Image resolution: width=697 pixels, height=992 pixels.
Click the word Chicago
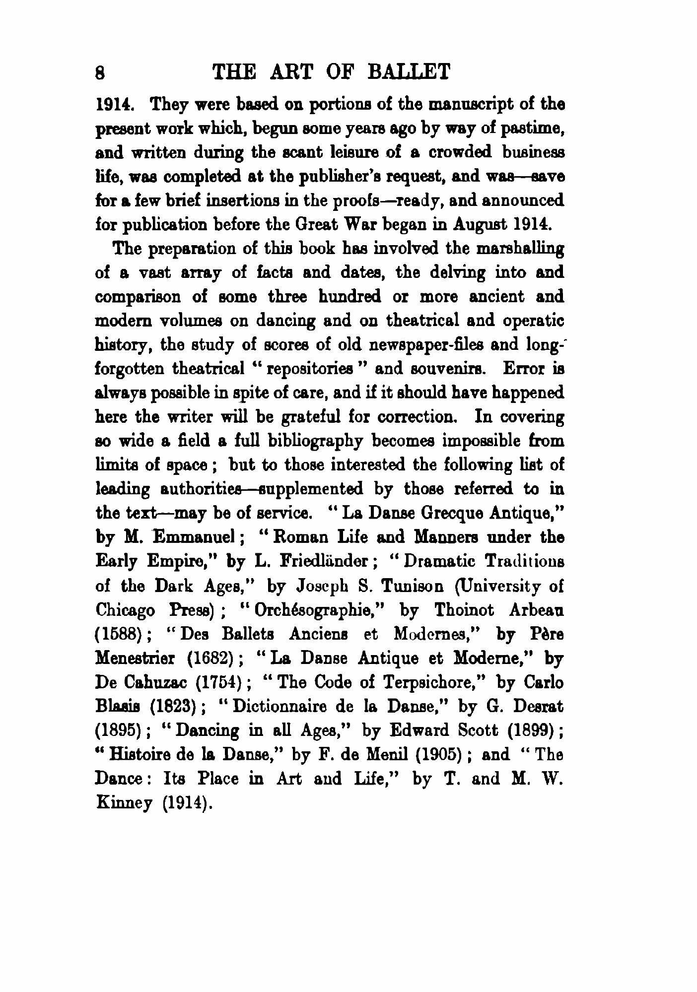tap(125, 609)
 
